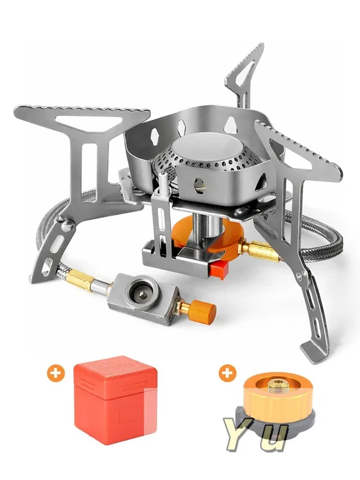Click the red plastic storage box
tap(115, 400)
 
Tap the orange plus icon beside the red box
tap(56, 373)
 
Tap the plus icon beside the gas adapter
tap(227, 373)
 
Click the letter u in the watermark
tap(273, 438)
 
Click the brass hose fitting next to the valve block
tap(79, 278)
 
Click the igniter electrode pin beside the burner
tap(163, 181)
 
